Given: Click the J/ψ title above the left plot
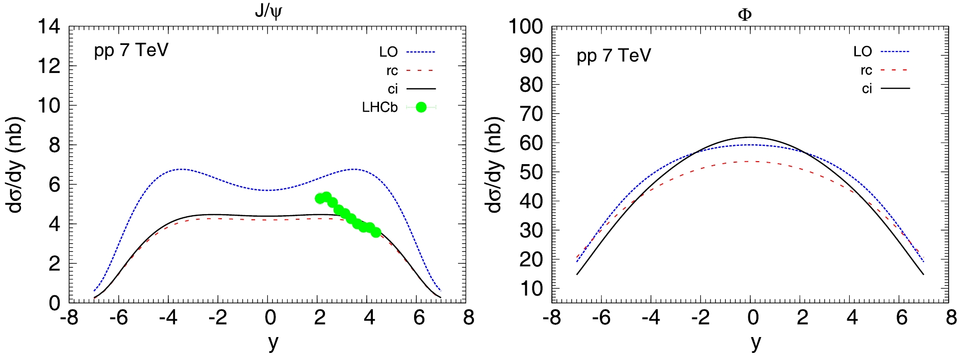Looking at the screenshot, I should (267, 11).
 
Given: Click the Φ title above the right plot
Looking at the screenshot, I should (745, 14).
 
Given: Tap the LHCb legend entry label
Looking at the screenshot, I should (379, 108).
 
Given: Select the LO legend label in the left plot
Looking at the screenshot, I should (388, 52).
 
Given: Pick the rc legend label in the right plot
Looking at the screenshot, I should (866, 70).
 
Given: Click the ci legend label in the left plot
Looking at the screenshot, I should (392, 89).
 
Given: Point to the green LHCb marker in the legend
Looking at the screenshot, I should (421, 107).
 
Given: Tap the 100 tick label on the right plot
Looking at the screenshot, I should (525, 27).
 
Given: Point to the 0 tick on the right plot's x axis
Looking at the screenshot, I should (752, 318).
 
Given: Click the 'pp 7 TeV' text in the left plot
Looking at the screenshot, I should (131, 51).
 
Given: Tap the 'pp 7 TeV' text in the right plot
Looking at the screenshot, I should (614, 56).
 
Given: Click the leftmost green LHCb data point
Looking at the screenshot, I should (320, 198).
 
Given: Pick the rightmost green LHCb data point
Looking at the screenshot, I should (376, 232).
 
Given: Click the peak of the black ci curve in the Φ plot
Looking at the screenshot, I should (750, 137).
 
